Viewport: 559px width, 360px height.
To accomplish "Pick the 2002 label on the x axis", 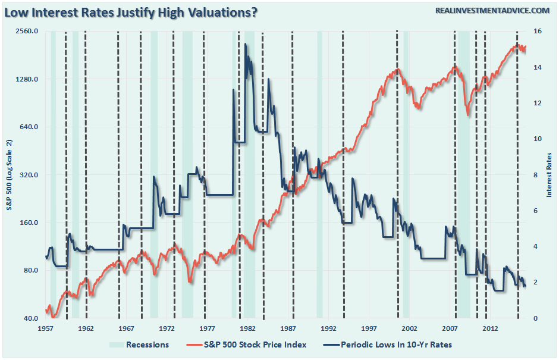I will click(x=409, y=328).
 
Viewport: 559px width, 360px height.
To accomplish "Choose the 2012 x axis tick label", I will click(x=490, y=328).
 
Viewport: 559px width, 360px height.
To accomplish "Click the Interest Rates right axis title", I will click(x=549, y=174).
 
